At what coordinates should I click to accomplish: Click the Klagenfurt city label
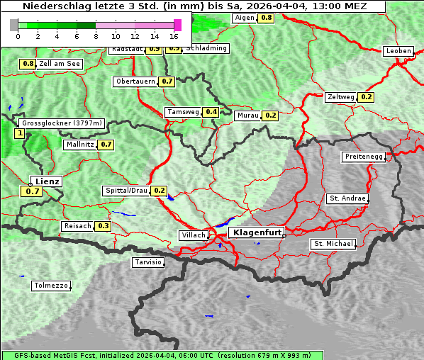click(x=257, y=232)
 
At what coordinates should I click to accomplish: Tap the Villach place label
click(x=194, y=235)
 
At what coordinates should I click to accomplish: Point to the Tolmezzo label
click(x=51, y=286)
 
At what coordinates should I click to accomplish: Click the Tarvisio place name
click(x=148, y=263)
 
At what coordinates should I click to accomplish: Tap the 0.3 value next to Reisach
click(x=104, y=226)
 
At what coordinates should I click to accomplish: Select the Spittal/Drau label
click(x=126, y=191)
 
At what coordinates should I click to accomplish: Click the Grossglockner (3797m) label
click(x=62, y=123)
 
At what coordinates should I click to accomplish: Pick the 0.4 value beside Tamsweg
click(x=211, y=112)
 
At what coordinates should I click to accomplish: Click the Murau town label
click(x=248, y=115)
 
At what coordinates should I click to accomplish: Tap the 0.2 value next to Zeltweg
click(x=367, y=97)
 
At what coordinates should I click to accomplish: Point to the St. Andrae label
click(x=347, y=198)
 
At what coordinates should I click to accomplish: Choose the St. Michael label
click(x=333, y=244)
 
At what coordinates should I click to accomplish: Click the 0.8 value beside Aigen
click(x=267, y=18)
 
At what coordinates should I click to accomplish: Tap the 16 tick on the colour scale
click(x=174, y=36)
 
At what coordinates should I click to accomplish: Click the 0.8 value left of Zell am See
click(x=28, y=64)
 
